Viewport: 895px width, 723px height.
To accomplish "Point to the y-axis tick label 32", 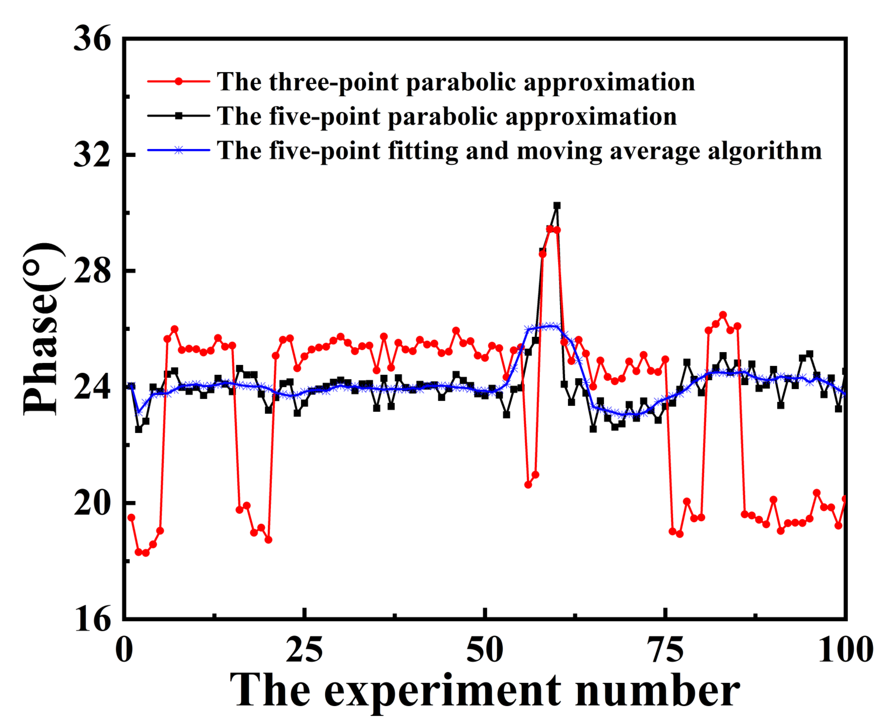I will [92, 156].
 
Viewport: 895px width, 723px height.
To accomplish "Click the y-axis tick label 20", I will [92, 504].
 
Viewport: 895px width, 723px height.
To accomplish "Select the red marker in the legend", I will [178, 82].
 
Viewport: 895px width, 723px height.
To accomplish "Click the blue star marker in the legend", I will [178, 150].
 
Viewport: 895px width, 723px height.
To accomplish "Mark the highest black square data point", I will [557, 206].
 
